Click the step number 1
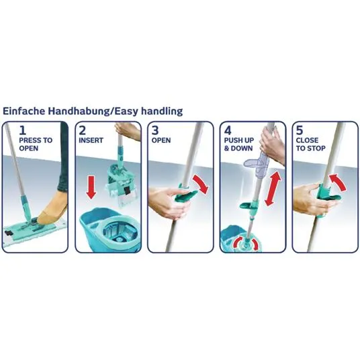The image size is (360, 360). click(x=23, y=130)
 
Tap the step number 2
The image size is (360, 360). click(x=83, y=130)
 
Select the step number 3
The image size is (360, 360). click(x=155, y=130)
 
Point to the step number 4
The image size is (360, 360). click(x=228, y=130)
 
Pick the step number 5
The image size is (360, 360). click(x=300, y=130)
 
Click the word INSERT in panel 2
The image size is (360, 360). click(x=91, y=140)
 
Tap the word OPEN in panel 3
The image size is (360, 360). click(x=161, y=140)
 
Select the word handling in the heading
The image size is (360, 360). click(x=162, y=111)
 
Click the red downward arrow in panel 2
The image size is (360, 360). click(x=91, y=187)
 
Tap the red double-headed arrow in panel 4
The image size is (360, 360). click(x=273, y=188)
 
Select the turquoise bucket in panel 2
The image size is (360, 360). click(x=109, y=230)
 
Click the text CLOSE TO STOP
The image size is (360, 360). click(x=310, y=144)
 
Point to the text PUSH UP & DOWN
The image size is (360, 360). click(x=239, y=144)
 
